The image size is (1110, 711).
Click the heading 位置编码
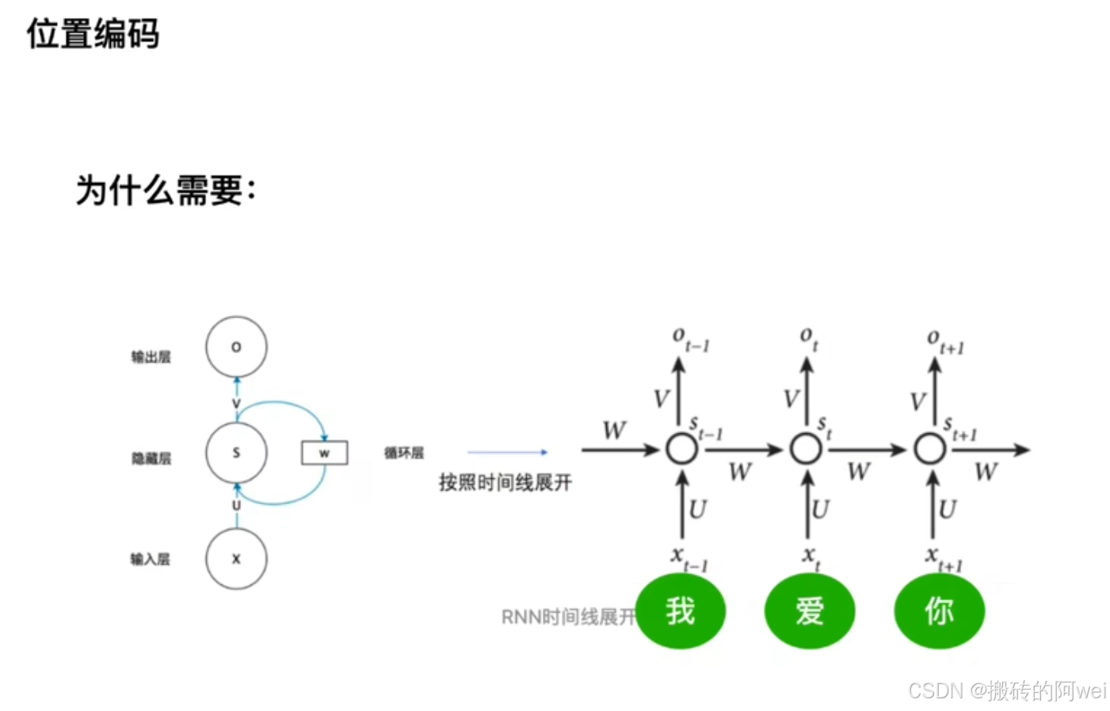[x=93, y=34]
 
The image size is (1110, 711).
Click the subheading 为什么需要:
[x=166, y=190]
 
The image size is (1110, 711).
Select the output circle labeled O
[x=236, y=347]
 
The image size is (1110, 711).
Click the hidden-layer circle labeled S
[x=236, y=453]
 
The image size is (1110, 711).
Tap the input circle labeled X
[x=236, y=559]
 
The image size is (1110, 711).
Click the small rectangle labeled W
[x=324, y=453]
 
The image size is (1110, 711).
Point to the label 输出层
[x=151, y=357]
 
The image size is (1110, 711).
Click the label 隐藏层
[x=151, y=458]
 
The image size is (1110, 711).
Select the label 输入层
[x=150, y=560]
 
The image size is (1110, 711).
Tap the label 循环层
[x=404, y=453]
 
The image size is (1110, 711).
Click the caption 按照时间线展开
[x=505, y=482]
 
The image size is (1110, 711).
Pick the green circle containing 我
[x=681, y=611]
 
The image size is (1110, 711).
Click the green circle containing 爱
[x=810, y=611]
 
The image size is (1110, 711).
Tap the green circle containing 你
[x=939, y=611]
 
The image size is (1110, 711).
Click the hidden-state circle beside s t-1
[x=681, y=449]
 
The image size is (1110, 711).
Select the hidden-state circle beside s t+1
[x=930, y=449]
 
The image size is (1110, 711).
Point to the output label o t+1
[x=944, y=341]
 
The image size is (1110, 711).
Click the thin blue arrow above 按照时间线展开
[x=507, y=452]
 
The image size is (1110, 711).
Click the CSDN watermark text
[x=1006, y=690]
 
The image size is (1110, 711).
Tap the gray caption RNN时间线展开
[x=568, y=617]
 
